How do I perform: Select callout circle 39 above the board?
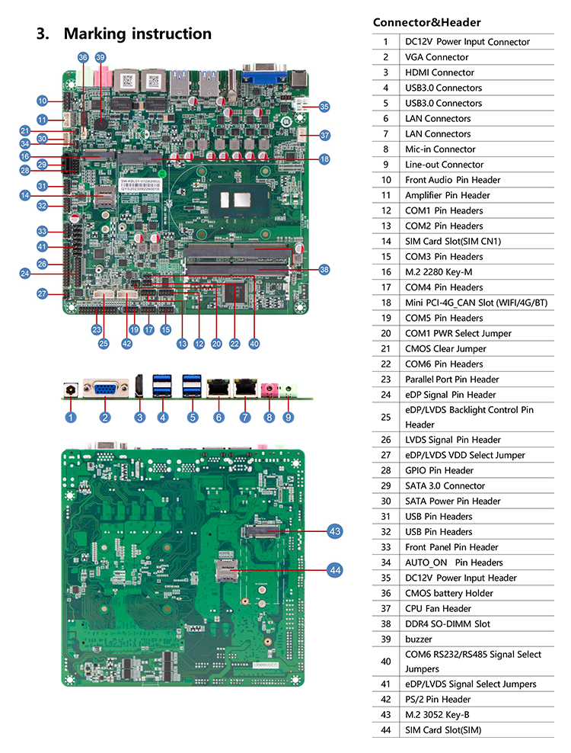click(x=100, y=57)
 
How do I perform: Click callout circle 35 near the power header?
click(x=324, y=107)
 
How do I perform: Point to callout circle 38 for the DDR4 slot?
click(x=324, y=269)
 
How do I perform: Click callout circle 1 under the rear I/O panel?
click(x=71, y=417)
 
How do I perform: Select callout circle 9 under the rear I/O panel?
click(x=288, y=417)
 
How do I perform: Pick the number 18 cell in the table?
click(x=386, y=303)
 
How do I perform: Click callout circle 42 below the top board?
click(x=126, y=343)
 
